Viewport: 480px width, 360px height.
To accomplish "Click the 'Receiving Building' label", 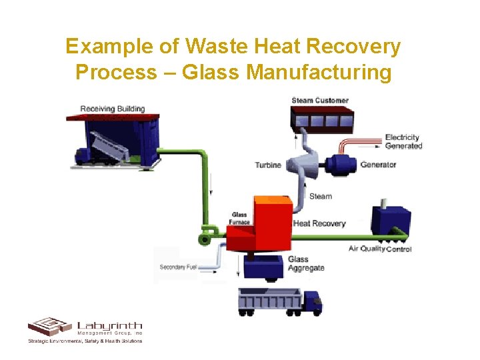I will [x=113, y=109].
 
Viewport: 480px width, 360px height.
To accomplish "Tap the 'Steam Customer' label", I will [x=320, y=101].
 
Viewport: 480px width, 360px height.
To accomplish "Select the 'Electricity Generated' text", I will [x=403, y=142].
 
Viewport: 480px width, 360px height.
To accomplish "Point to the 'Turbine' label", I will [x=268, y=165].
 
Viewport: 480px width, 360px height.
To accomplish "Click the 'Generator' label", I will [x=378, y=165].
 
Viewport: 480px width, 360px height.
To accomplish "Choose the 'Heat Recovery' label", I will [x=319, y=223].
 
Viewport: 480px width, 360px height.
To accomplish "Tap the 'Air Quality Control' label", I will [x=380, y=249].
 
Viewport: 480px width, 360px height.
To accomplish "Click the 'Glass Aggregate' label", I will [x=306, y=263].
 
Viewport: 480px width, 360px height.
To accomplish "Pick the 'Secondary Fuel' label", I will [x=178, y=267].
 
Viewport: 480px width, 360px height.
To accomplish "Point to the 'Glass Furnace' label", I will [x=239, y=218].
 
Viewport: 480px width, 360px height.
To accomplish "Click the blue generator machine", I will [x=337, y=164].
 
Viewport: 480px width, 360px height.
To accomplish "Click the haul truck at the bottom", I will [x=280, y=301].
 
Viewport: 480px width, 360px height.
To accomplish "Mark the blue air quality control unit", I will [x=390, y=219].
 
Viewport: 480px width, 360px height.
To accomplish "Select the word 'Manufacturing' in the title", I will [x=319, y=71].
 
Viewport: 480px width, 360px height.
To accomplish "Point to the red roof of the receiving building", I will [x=113, y=117].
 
